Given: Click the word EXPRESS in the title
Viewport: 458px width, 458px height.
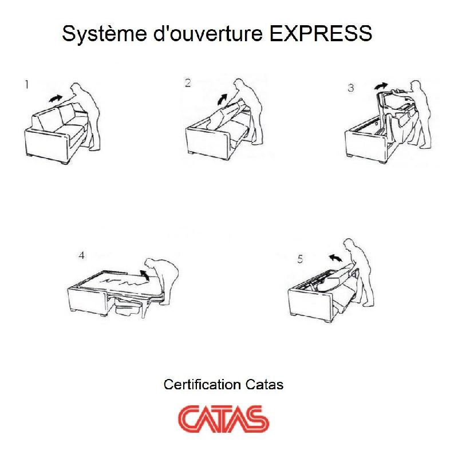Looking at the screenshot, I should (321, 34).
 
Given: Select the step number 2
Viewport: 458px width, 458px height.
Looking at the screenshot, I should (187, 83).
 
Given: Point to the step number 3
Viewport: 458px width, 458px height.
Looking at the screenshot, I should (350, 88).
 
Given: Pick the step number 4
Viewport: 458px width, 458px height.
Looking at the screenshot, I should (81, 255).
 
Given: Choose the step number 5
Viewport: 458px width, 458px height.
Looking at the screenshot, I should (300, 259).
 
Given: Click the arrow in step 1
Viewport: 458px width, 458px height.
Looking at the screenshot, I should (56, 98).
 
